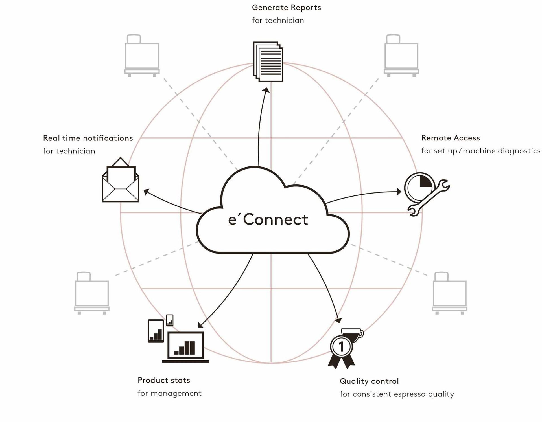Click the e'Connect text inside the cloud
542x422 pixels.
pos(268,220)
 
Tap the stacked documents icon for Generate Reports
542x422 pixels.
pos(268,62)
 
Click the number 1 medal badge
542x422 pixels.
pos(342,347)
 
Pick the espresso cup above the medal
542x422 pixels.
pos(352,334)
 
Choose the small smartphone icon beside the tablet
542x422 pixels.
pos(170,320)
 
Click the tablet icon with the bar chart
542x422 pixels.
pos(156,331)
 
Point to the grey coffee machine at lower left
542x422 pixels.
pos(92,293)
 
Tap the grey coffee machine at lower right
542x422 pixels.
pos(449,293)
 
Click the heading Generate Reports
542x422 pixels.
pos(286,8)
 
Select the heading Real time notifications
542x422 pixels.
pos(88,138)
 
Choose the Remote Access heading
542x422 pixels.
pos(451,138)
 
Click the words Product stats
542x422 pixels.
pos(164,380)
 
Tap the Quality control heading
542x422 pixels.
pos(369,381)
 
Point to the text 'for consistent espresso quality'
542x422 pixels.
pos(397,394)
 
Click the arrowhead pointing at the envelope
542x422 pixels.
pos(146,192)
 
